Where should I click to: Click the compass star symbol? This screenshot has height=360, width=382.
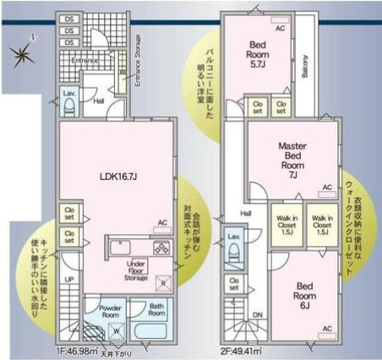[19, 52]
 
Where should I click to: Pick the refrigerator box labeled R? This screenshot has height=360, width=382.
[163, 283]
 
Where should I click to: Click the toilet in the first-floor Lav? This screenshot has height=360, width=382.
[69, 106]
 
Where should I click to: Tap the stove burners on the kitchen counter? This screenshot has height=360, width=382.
[161, 247]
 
